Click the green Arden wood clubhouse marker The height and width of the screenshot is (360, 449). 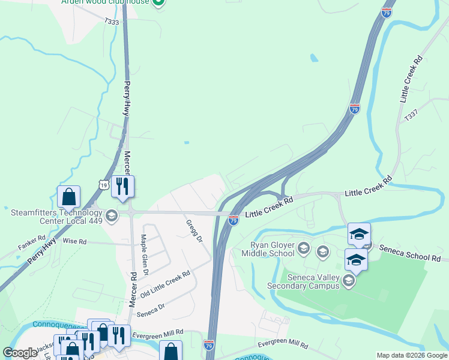[x=158, y=2]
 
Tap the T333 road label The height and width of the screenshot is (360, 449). [x=112, y=22]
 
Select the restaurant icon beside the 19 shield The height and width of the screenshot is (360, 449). [x=122, y=186]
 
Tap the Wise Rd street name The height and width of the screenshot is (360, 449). [x=75, y=241]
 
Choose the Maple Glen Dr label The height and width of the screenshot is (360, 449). [x=145, y=254]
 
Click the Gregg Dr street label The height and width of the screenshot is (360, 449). [x=193, y=231]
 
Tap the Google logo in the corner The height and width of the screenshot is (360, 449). [x=20, y=353]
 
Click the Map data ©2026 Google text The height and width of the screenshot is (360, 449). [x=412, y=355]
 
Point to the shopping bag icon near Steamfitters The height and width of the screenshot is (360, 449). [x=68, y=196]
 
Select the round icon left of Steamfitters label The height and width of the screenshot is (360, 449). [x=111, y=215]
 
